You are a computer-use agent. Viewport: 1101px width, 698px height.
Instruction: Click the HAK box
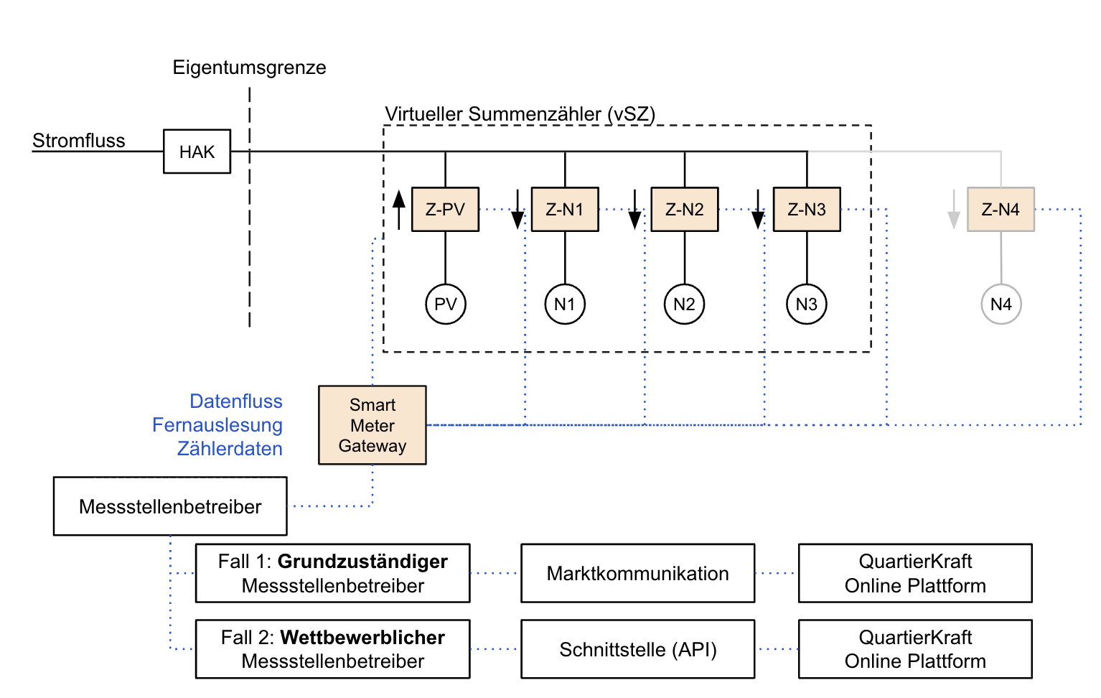click(x=197, y=152)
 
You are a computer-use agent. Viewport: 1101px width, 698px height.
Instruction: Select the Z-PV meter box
click(x=445, y=210)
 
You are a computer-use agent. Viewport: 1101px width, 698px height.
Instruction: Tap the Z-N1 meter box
click(x=565, y=210)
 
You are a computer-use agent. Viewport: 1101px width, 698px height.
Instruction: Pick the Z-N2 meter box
click(x=684, y=210)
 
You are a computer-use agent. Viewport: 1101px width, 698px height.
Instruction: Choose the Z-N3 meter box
click(x=807, y=210)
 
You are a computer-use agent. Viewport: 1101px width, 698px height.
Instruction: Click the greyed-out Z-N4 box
click(x=1001, y=210)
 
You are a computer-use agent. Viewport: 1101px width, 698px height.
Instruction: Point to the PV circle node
click(x=446, y=304)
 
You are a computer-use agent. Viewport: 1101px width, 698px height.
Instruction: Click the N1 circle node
click(x=565, y=304)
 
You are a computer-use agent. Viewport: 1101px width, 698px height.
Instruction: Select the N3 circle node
click(x=807, y=304)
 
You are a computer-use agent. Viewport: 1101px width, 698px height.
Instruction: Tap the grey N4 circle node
click(x=1001, y=304)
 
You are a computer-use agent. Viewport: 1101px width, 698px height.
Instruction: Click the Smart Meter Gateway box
click(x=373, y=425)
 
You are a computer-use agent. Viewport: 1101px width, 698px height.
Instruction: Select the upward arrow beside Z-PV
click(x=399, y=209)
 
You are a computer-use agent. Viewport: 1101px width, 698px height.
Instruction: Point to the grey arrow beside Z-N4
click(x=954, y=210)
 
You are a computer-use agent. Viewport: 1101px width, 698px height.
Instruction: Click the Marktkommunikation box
click(x=637, y=573)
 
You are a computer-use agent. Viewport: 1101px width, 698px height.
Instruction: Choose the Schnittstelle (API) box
click(x=637, y=649)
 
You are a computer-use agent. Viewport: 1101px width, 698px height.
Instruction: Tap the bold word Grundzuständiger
click(x=362, y=562)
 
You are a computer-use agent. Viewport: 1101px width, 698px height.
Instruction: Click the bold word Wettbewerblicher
click(x=362, y=638)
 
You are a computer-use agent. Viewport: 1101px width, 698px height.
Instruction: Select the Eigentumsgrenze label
click(x=249, y=68)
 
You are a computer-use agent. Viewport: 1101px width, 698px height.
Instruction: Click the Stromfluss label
click(x=79, y=141)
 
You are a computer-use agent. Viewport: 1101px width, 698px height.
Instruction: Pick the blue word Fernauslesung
click(x=217, y=425)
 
